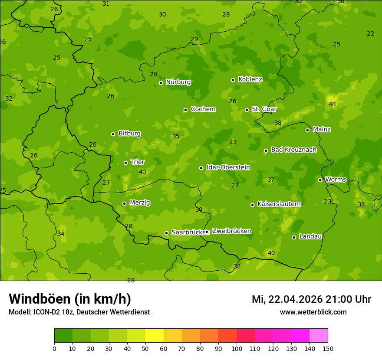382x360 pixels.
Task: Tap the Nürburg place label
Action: (x=178, y=82)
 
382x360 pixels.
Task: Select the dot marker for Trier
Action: (x=126, y=163)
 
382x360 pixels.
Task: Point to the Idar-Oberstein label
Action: (x=228, y=167)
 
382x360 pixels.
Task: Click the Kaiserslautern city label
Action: (x=279, y=204)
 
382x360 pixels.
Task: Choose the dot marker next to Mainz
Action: (x=307, y=130)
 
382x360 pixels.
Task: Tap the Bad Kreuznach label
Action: (x=293, y=150)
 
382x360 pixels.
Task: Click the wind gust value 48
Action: (x=332, y=104)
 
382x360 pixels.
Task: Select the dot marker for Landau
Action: (x=294, y=237)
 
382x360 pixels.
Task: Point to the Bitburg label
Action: (x=129, y=134)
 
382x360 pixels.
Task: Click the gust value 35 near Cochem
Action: (x=176, y=136)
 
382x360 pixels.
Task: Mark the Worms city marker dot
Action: (x=320, y=180)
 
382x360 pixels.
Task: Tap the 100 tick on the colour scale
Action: (x=237, y=348)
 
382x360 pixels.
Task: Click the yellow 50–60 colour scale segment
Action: (x=155, y=336)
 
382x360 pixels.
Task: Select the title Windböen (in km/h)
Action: (x=70, y=299)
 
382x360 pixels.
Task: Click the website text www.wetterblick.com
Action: (x=313, y=312)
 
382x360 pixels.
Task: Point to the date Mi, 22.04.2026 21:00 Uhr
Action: (x=311, y=299)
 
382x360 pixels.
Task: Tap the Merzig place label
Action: (x=140, y=203)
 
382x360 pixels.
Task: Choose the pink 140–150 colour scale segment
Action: (x=319, y=336)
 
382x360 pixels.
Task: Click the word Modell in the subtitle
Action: (x=20, y=312)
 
